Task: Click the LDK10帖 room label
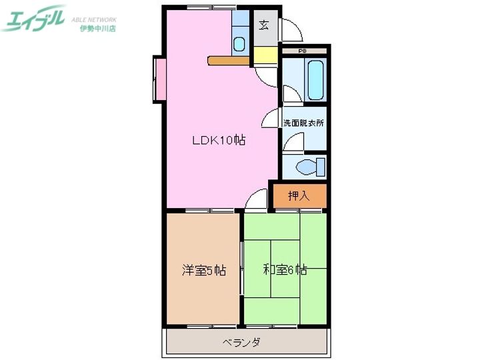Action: click(x=219, y=141)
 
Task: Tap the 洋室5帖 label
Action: click(x=203, y=271)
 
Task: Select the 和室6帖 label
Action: click(x=285, y=270)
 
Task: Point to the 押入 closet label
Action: click(x=299, y=196)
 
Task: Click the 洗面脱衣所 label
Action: click(x=303, y=123)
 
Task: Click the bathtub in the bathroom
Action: click(x=315, y=79)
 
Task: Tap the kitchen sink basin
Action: click(x=239, y=45)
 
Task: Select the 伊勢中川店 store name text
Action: click(x=97, y=29)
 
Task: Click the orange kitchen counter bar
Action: click(x=229, y=61)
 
